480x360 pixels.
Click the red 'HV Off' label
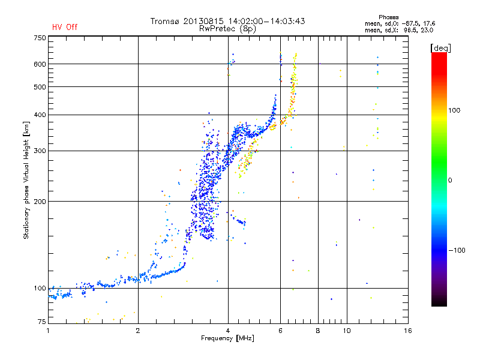[x=65, y=27]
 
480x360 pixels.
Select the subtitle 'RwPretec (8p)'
[x=227, y=29]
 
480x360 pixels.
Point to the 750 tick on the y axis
[x=40, y=38]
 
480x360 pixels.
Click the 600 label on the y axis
[x=40, y=64]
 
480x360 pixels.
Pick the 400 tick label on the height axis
[x=40, y=115]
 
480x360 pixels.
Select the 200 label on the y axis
[x=40, y=202]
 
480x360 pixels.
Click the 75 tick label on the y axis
[x=42, y=322]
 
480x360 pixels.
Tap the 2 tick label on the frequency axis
[x=138, y=331]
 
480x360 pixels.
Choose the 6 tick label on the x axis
[x=280, y=331]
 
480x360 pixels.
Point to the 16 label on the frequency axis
[x=408, y=331]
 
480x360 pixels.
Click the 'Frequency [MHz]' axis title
[x=227, y=338]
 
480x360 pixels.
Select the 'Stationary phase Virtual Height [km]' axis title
[x=26, y=181]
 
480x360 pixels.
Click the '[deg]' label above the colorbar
[x=440, y=49]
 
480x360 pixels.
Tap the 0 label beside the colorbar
[x=450, y=180]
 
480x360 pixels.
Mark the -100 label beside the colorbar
[x=457, y=250]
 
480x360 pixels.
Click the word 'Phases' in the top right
[x=388, y=17]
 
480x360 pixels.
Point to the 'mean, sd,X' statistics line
[x=399, y=31]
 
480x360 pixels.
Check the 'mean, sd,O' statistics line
[x=400, y=23]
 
